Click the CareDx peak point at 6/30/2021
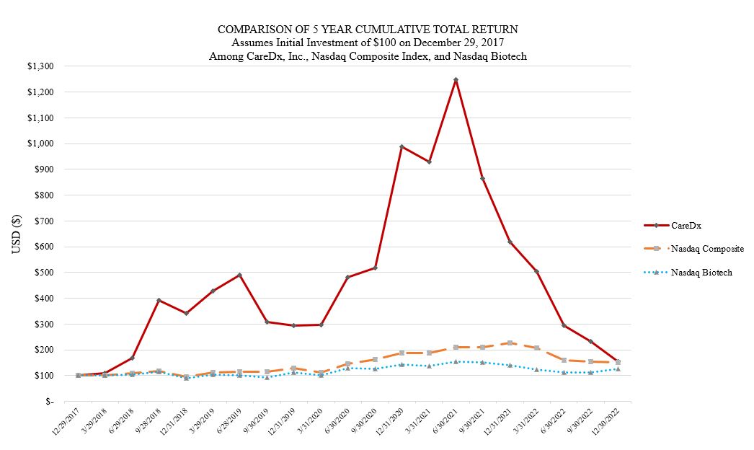[456, 80]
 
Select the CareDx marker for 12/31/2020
[402, 146]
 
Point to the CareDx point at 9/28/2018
[159, 300]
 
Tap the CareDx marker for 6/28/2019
[239, 275]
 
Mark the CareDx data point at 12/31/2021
[510, 242]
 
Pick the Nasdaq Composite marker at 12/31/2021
[510, 343]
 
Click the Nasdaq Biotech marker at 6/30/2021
[456, 361]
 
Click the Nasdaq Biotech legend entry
[701, 273]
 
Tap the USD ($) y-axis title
[16, 234]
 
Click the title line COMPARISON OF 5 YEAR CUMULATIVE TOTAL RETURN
[368, 29]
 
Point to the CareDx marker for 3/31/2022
[536, 271]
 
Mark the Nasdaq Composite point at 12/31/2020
[402, 353]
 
